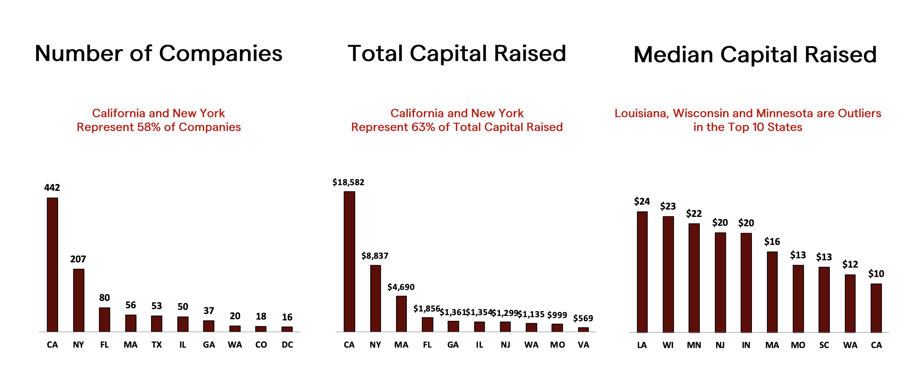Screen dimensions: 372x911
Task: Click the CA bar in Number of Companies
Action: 52,265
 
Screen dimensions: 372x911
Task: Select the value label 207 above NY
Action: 78,259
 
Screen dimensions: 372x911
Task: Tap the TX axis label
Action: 157,345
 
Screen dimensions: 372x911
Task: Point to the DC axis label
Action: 287,345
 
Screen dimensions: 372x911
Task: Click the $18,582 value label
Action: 348,182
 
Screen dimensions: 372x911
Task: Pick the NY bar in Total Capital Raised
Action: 376,298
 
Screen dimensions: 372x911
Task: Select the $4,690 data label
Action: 401,287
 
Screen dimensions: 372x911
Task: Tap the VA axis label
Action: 583,345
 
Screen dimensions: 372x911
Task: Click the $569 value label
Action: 583,318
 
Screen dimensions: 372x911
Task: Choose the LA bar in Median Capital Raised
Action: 642,272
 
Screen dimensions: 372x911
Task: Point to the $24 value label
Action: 642,201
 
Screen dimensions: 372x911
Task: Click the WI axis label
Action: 668,345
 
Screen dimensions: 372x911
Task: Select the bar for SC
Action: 824,300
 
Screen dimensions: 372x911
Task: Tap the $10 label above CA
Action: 876,274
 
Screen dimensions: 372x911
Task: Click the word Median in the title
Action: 673,55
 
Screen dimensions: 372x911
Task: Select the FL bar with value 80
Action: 104,320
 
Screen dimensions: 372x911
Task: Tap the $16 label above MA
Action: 772,242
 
